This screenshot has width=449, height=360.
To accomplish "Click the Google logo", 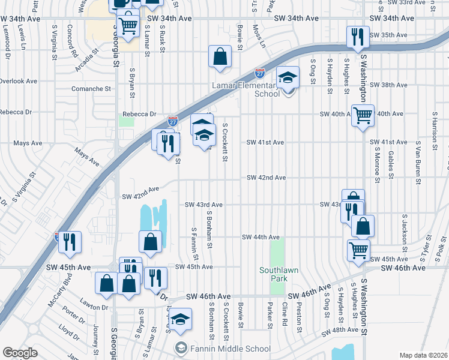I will click(x=20, y=353).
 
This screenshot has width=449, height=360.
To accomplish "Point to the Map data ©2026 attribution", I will click(x=423, y=355).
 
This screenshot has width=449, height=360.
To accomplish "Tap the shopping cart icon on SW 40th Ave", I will click(x=363, y=115).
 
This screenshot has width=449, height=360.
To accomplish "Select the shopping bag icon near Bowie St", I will click(x=220, y=56).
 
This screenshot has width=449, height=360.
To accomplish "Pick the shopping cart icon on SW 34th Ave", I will click(x=127, y=26).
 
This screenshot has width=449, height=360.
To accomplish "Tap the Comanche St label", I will click(x=92, y=88).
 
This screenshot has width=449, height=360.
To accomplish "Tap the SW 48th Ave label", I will click(x=340, y=331).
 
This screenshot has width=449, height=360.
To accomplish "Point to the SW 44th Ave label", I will click(x=261, y=237).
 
